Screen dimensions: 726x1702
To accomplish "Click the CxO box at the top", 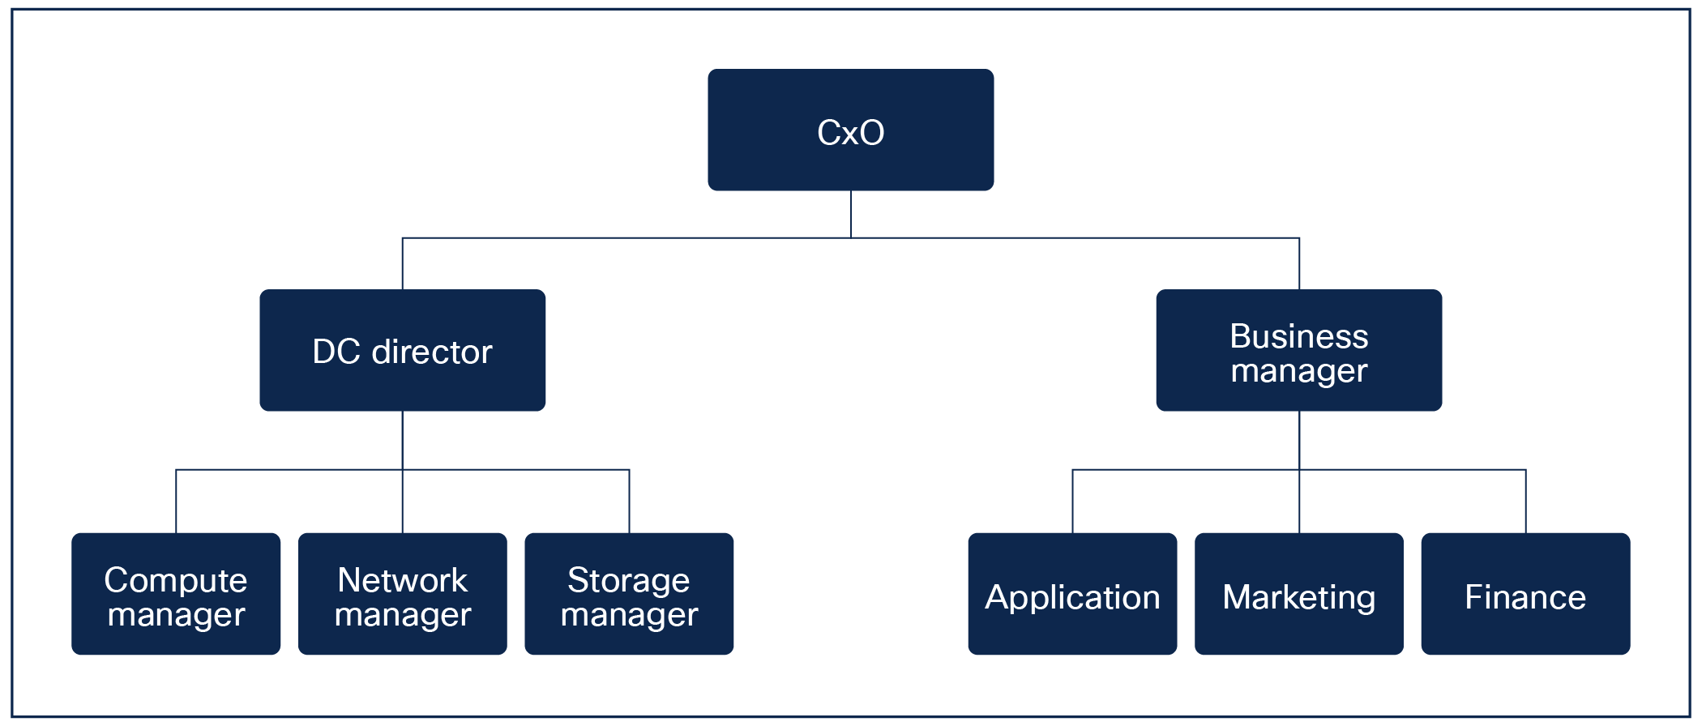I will (850, 130).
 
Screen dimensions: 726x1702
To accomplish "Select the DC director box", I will (402, 350).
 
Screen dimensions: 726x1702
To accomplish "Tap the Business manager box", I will (1298, 350).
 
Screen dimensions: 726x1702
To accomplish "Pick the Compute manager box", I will (176, 593).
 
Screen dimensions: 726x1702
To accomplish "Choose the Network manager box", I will (402, 593).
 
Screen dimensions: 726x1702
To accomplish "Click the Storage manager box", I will (629, 593).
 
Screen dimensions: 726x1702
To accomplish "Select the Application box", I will (1071, 593).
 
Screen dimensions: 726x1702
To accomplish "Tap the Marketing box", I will (1298, 593).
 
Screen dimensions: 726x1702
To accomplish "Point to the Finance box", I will (1525, 593).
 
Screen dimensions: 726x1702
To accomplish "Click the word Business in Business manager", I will (1298, 336).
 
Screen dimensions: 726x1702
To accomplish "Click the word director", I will (431, 352).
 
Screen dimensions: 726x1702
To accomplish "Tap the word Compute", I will (176, 580).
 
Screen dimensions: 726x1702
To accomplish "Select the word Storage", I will (629, 580).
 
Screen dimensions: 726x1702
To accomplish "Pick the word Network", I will (402, 580).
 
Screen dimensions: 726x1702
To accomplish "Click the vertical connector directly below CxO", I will (850, 214).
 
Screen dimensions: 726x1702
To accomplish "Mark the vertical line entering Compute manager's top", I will (176, 502).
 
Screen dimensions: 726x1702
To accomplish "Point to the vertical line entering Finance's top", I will (1525, 502).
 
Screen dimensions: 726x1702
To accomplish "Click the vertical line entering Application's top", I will (1072, 502).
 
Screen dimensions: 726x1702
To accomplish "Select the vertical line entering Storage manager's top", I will (629, 502).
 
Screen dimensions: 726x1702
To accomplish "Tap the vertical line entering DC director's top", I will (402, 264).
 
